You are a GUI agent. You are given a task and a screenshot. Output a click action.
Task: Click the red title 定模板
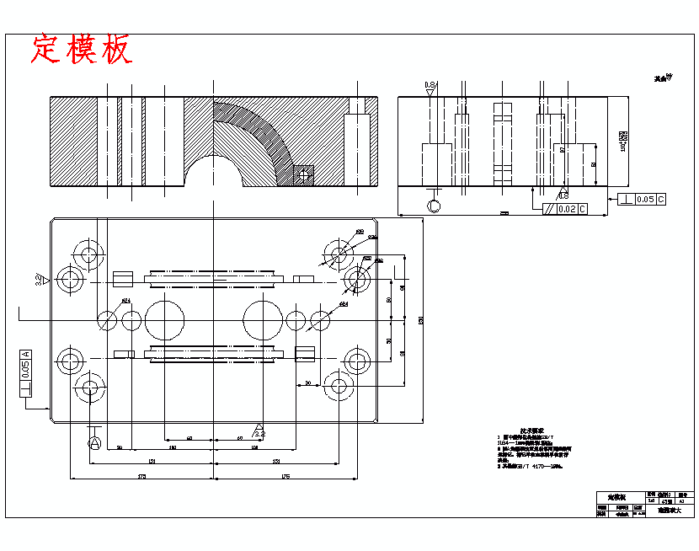coord(82,50)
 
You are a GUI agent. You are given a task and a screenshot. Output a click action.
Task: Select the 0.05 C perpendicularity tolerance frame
coord(642,200)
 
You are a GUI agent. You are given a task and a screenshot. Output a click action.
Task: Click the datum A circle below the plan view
coord(94,441)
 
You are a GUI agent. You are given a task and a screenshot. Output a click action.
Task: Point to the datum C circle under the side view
coord(435,206)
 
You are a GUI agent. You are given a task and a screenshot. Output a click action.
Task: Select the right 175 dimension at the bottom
coord(285,477)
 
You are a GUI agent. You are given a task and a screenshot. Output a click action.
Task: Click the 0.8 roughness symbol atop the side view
coord(430,87)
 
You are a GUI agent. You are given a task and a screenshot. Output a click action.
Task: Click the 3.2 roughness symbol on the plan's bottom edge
coord(259,431)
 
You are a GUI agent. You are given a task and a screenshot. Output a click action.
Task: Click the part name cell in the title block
coord(607,496)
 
